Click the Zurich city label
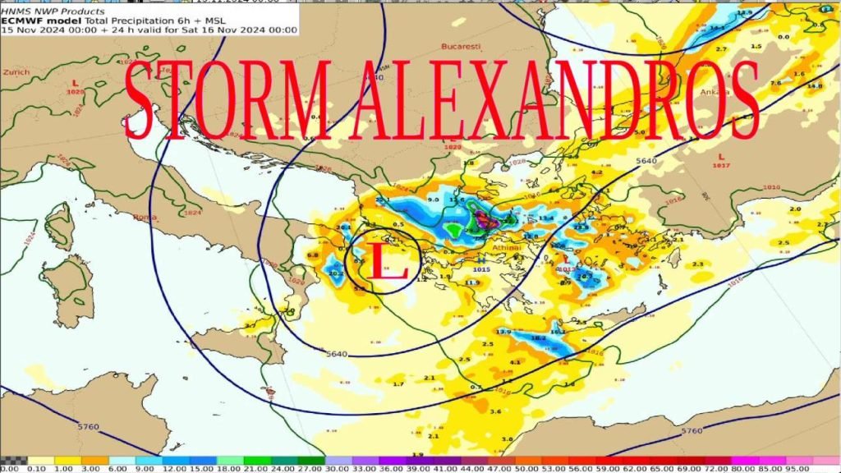[16, 71]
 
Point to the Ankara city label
[715, 92]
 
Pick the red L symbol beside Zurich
[76, 83]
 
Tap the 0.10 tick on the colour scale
[35, 467]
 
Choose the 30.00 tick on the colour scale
[336, 467]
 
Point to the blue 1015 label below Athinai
[482, 269]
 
